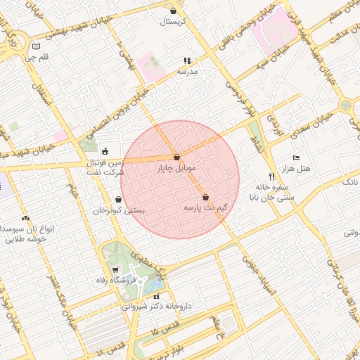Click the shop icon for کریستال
[174, 11]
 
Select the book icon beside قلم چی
[37, 46]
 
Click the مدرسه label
[187, 72]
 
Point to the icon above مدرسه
[187, 61]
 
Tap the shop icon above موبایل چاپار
[176, 157]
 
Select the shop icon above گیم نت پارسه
[205, 197]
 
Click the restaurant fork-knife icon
[271, 176]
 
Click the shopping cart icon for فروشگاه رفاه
[115, 269]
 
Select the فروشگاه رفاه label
[111, 281]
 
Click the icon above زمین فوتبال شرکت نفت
[105, 150]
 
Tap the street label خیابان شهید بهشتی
[74, 30]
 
